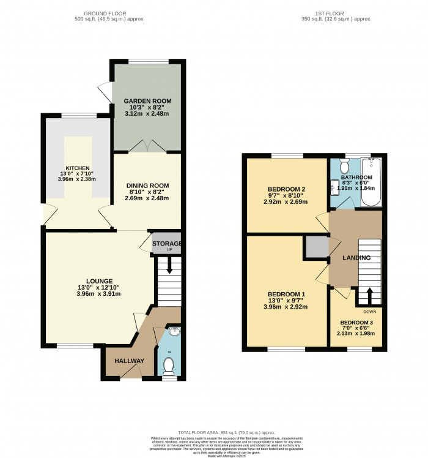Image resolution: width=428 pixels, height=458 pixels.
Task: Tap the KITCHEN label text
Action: [x=78, y=168]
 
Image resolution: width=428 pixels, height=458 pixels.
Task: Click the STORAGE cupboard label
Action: [x=166, y=244]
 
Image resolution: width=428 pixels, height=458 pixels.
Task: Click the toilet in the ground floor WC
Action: [x=169, y=366]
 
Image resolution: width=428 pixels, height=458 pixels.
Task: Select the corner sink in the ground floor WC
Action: [x=174, y=332]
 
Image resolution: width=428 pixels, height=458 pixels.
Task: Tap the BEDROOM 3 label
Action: [x=356, y=323]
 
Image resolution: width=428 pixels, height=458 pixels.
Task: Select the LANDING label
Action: [x=356, y=258]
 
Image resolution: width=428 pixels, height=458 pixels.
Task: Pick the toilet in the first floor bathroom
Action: [x=344, y=166]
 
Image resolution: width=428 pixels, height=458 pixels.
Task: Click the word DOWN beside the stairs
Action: [x=370, y=311]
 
